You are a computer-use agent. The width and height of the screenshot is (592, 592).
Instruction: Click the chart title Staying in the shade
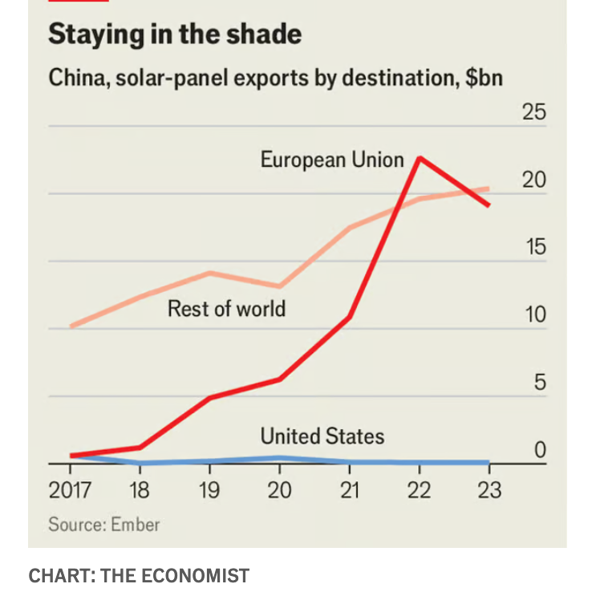coord(174,34)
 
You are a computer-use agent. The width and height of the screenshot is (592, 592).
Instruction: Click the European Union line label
coord(331,160)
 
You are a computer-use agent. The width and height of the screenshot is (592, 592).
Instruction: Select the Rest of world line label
coord(226,308)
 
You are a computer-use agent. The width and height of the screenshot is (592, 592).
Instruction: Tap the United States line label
coord(322,436)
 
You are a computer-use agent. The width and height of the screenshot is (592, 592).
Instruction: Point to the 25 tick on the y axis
coord(534,112)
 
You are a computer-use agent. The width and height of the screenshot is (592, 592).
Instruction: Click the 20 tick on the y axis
coord(534,180)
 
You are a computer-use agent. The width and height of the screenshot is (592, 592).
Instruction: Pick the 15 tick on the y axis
coord(534,247)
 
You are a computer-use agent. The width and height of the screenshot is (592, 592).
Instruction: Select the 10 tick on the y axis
coord(534,314)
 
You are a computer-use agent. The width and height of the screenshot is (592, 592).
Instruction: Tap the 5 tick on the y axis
coord(540,383)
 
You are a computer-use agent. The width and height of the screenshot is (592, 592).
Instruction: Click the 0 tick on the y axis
coord(540,450)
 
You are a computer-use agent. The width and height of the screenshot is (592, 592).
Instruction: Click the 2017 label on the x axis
coord(70,490)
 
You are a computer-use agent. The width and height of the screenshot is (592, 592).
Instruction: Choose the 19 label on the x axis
coord(209,490)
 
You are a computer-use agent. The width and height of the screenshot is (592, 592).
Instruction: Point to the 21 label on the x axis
coord(349,490)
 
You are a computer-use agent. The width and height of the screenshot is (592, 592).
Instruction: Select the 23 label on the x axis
coord(489,490)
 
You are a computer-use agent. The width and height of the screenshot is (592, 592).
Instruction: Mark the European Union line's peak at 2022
coord(419,158)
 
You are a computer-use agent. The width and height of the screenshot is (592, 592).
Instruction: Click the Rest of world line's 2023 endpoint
coord(489,189)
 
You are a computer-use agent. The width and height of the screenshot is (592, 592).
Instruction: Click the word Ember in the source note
coord(134,525)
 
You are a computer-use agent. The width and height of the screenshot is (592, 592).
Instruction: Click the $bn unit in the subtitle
coord(484,79)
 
